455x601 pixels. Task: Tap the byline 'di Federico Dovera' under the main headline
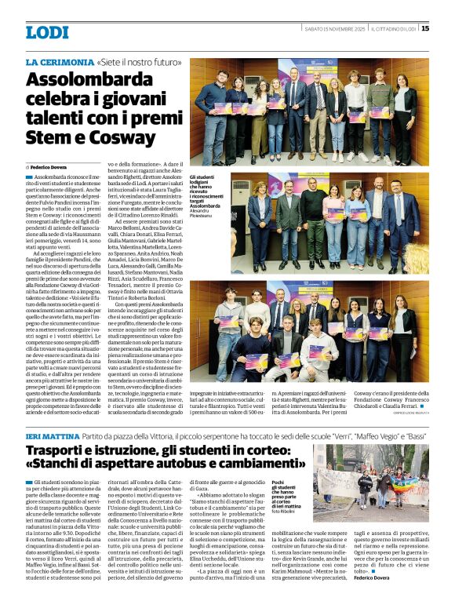point(49,167)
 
